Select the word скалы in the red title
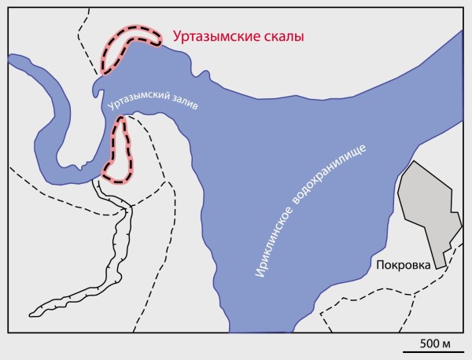(x=284, y=36)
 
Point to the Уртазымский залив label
(x=154, y=104)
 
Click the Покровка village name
(x=404, y=265)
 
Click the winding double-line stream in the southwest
(x=118, y=236)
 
